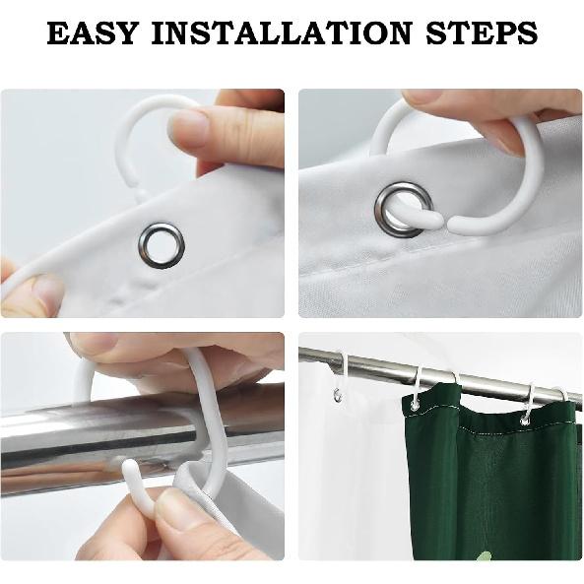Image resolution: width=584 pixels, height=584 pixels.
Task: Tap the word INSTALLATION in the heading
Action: (x=282, y=32)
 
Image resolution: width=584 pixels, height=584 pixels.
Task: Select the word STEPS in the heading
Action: (x=482, y=32)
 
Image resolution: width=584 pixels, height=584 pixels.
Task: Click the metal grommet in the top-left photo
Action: (x=162, y=245)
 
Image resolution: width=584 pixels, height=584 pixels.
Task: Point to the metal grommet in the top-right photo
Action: (x=404, y=210)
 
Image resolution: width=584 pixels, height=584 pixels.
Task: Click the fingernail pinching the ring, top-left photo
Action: (x=189, y=128)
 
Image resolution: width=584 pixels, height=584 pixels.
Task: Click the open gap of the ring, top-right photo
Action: (x=448, y=223)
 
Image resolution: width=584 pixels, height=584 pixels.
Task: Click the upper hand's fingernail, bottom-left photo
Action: (x=95, y=342)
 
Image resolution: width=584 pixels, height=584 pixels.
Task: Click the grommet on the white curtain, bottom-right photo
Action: (x=338, y=395)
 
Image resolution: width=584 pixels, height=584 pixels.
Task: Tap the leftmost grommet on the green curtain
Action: (x=414, y=405)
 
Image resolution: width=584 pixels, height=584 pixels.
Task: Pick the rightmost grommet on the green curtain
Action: (x=526, y=422)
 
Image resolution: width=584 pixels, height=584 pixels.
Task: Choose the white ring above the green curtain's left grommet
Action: (x=418, y=384)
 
